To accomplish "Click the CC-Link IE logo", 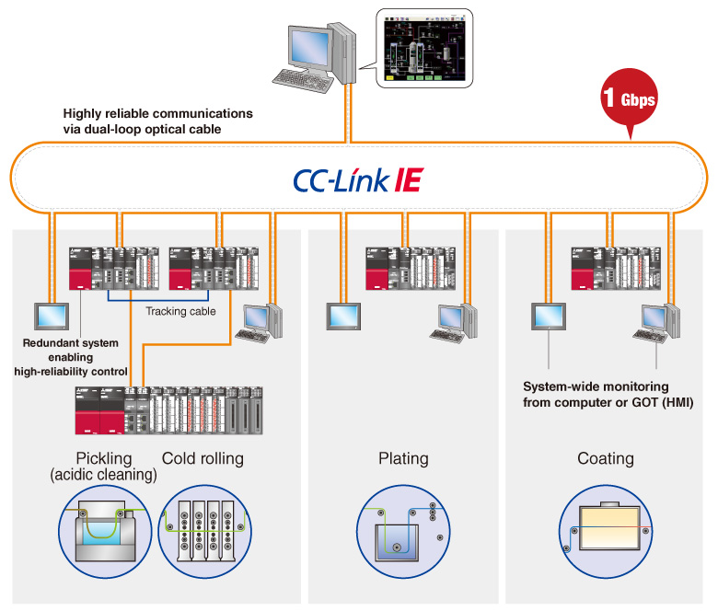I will (x=358, y=179).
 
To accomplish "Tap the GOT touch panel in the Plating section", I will (x=346, y=316).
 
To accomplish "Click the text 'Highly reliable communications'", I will (x=157, y=113).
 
